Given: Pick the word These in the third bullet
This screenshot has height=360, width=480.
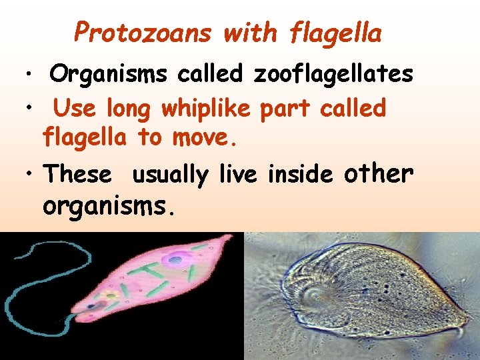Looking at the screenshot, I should (77, 174).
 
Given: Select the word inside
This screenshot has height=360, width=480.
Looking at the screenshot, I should (300, 174).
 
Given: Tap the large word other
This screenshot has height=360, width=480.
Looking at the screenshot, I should (379, 173).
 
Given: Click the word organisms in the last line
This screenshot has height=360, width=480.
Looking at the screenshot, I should (109, 207).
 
